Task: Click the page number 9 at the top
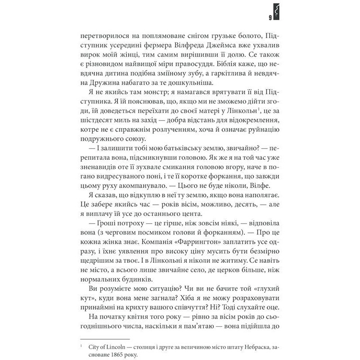269,18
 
